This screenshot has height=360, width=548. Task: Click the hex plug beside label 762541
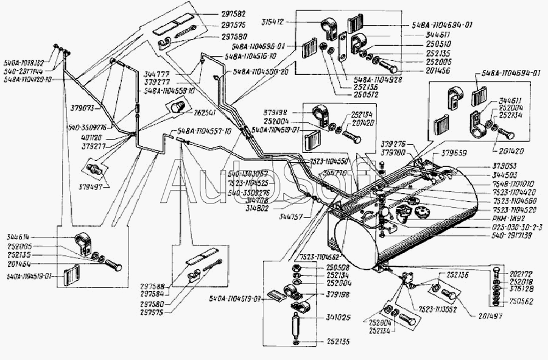pyautogui.click(x=177, y=109)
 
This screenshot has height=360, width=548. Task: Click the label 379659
pyautogui.click(x=454, y=153)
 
